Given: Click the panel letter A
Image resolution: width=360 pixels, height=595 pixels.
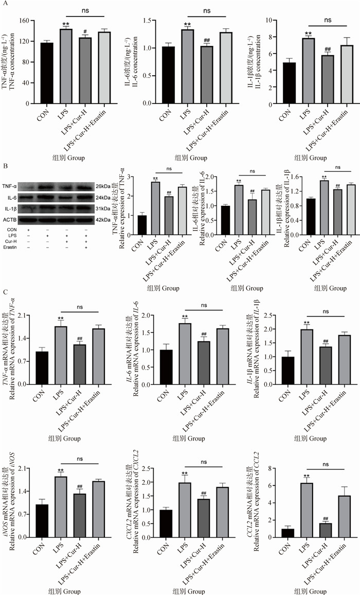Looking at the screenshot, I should [x=6, y=5].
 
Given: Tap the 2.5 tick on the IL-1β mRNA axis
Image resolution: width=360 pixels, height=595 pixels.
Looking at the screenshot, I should [x=272, y=315].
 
